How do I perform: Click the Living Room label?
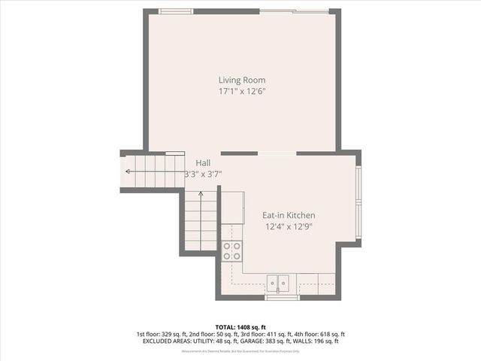pyautogui.click(x=242, y=80)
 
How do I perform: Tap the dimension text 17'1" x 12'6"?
pyautogui.click(x=242, y=91)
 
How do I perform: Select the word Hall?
pyautogui.click(x=203, y=162)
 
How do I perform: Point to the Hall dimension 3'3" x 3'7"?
pyautogui.click(x=203, y=174)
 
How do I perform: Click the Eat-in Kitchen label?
pyautogui.click(x=289, y=215)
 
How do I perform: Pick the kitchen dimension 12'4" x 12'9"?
pyautogui.click(x=289, y=226)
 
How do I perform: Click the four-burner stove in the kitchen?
pyautogui.click(x=232, y=250)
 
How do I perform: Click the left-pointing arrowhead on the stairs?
pyautogui.click(x=128, y=171)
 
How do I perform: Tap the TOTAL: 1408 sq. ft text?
pyautogui.click(x=240, y=327)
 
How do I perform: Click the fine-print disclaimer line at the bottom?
pyautogui.click(x=240, y=351)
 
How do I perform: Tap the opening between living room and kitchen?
pyautogui.click(x=277, y=153)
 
